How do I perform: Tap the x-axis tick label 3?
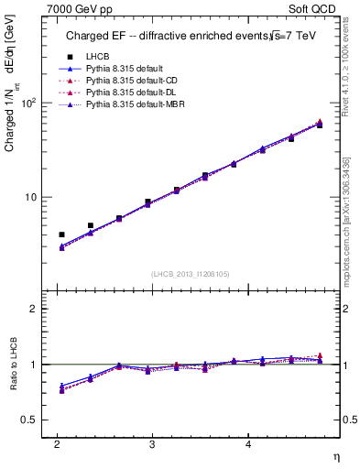(151, 444)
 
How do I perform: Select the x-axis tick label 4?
(247, 444)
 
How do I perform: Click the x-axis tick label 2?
(56, 444)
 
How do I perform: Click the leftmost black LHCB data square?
(61, 234)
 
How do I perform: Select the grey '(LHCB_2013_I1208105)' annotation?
(190, 273)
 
